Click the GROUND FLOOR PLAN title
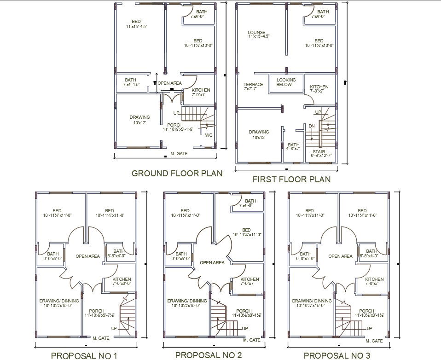click(x=177, y=174)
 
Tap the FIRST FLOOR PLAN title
click(x=291, y=179)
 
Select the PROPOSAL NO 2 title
click(x=208, y=355)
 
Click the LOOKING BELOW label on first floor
click(x=286, y=82)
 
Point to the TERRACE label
click(x=253, y=85)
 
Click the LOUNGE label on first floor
click(x=256, y=33)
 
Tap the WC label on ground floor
click(x=209, y=135)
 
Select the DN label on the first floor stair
click(x=312, y=126)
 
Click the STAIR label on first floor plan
click(x=319, y=151)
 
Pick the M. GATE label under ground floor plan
click(x=179, y=154)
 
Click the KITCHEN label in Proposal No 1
click(x=122, y=279)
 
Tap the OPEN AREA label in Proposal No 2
click(x=212, y=263)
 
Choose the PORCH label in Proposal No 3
click(x=366, y=311)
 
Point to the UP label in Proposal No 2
click(x=245, y=328)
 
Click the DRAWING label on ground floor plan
click(x=139, y=117)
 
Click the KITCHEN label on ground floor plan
click(x=201, y=90)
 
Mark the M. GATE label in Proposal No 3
click(x=374, y=341)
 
